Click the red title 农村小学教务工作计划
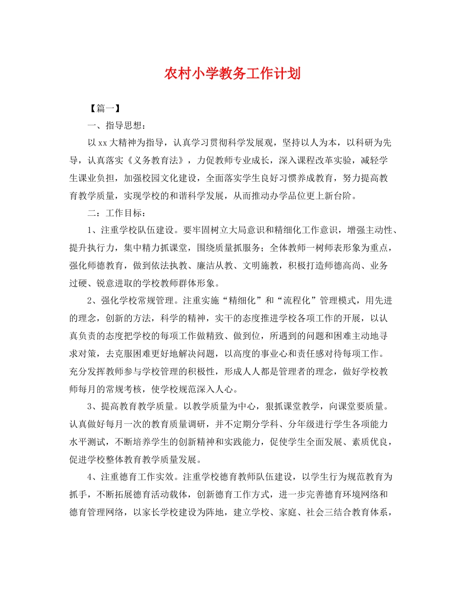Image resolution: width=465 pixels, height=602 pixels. coord(232,74)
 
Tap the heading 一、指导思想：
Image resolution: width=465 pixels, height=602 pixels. coord(116,126)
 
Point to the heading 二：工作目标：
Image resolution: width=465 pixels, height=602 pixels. coord(116,214)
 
